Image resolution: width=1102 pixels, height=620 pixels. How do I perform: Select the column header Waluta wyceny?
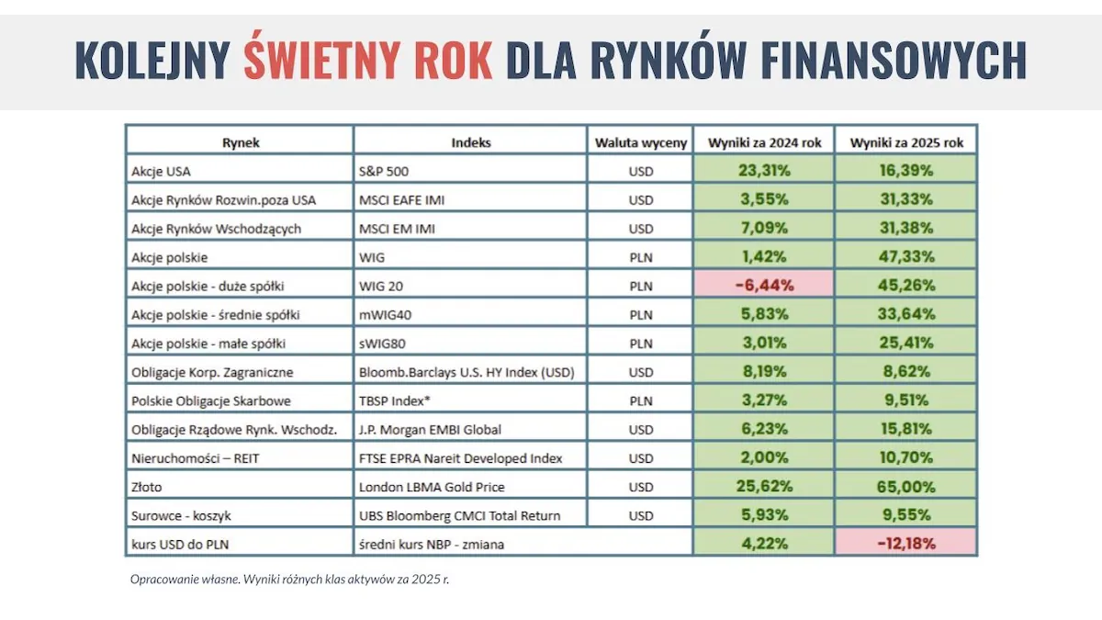[x=640, y=142]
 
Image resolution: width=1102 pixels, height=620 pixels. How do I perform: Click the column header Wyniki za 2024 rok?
[x=763, y=142]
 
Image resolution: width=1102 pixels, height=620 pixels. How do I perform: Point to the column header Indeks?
[x=470, y=142]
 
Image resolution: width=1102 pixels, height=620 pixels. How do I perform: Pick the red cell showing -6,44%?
[x=763, y=285]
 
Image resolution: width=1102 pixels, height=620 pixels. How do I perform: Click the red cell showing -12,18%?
[x=905, y=544]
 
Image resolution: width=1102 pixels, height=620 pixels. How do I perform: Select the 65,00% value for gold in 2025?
[x=905, y=487]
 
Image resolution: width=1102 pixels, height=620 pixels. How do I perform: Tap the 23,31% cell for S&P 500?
[x=763, y=170]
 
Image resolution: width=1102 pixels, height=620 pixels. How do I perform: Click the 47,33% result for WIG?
[x=905, y=256]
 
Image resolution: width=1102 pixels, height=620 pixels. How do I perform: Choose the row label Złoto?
[x=147, y=487]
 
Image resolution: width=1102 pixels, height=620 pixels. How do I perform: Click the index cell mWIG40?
[x=385, y=314]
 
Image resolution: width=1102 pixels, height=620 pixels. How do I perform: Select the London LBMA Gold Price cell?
[x=432, y=487]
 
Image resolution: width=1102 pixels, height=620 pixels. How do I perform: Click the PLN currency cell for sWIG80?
[x=640, y=344]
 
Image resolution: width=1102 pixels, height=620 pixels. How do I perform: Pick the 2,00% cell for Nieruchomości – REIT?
[x=763, y=457]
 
